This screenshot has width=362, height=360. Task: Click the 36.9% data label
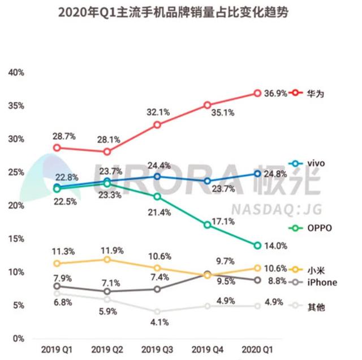click(275, 93)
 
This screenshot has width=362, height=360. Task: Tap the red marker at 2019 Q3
click(157, 125)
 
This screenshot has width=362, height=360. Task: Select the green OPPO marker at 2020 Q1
click(257, 245)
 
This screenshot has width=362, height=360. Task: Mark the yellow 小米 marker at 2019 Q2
click(107, 259)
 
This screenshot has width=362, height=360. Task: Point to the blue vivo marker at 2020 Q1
click(257, 174)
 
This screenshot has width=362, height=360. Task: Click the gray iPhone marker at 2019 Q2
click(107, 292)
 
